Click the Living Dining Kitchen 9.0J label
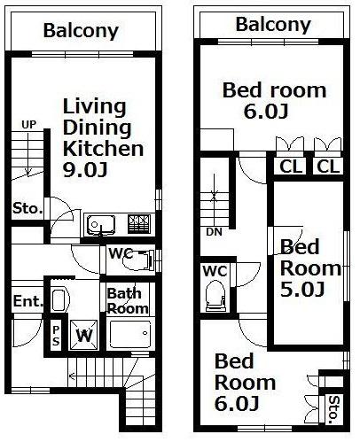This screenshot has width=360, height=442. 103,138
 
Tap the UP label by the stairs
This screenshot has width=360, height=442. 28,125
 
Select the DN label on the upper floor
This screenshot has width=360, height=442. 214,232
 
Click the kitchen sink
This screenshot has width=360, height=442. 101,225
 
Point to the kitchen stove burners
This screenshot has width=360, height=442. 138,224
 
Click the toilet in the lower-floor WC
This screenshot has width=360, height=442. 138,260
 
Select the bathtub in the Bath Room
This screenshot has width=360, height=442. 130,334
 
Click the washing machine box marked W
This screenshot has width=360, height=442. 84,335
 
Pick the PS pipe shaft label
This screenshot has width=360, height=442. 56,336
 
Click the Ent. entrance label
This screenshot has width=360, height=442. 28,301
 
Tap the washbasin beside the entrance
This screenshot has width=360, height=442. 59,300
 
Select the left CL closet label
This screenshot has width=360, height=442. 291,167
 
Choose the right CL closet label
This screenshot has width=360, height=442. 328,167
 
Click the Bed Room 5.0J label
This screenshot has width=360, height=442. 310,268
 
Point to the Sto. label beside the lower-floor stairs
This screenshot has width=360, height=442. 27,209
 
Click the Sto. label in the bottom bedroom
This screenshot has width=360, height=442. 333,409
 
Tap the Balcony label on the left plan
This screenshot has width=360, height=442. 81,31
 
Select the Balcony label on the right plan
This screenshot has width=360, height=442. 273,25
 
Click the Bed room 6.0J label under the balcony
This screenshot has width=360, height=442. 274,100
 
